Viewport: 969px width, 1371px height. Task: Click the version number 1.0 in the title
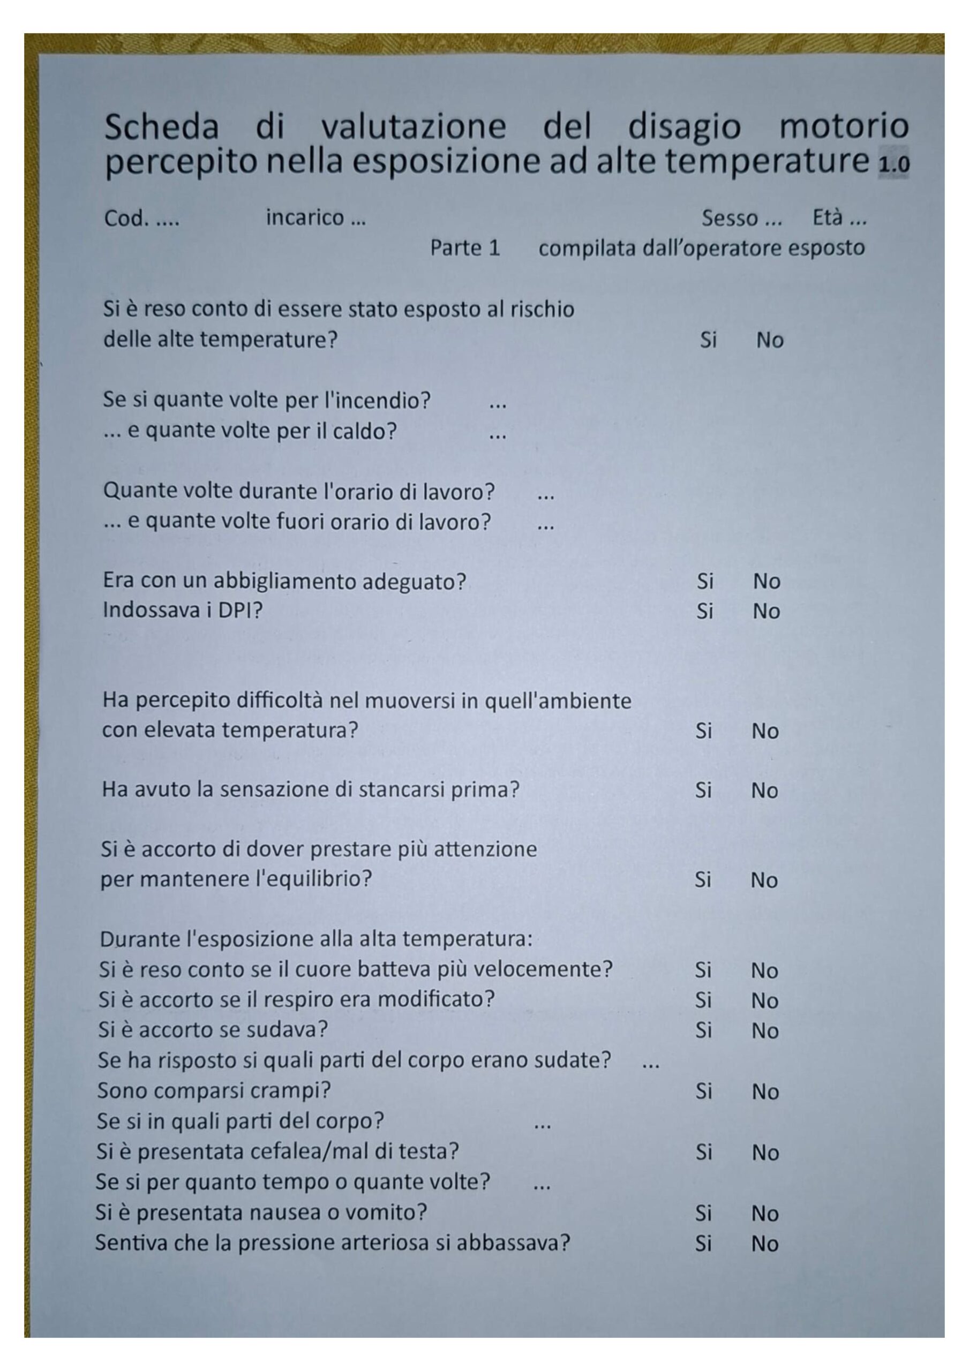[x=893, y=164]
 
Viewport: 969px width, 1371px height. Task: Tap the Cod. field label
[x=126, y=219]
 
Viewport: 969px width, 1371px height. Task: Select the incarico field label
[x=305, y=217]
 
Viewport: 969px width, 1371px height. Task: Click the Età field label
[x=827, y=218]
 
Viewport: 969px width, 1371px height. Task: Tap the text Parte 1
[x=465, y=248]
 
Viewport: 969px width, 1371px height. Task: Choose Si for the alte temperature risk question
[x=708, y=341]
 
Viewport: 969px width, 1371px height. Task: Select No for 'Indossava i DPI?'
[x=767, y=612]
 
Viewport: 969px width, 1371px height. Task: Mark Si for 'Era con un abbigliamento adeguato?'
[x=705, y=581]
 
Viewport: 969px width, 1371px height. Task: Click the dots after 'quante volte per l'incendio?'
[x=497, y=405]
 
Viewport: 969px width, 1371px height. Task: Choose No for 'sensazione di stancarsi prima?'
[x=764, y=790]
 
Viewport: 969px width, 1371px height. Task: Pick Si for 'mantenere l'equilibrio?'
[x=703, y=880]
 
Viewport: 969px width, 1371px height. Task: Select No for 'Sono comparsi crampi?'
[x=765, y=1092]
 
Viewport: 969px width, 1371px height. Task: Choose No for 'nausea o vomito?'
[x=765, y=1214]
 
